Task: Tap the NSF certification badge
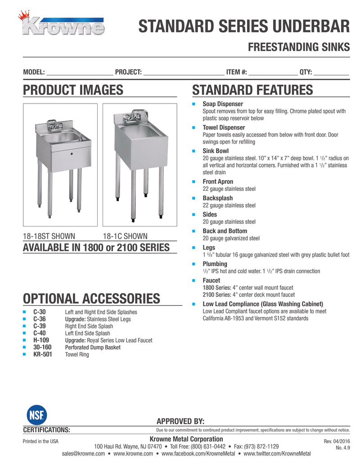pos(32,415)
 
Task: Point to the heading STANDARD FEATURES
pos(252,90)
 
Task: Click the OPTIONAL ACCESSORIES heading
pos(91,299)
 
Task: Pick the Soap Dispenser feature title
pos(223,104)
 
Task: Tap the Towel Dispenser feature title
pos(224,128)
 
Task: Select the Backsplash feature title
pos(218,198)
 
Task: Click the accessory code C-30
pos(40,312)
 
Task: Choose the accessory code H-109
pos(41,340)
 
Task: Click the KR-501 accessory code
pos(43,354)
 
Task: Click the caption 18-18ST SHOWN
pos(49,236)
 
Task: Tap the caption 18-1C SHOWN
pos(125,236)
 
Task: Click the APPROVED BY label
pos(180,421)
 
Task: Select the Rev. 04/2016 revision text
pos(337,442)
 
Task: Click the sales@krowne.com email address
pos(83,454)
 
